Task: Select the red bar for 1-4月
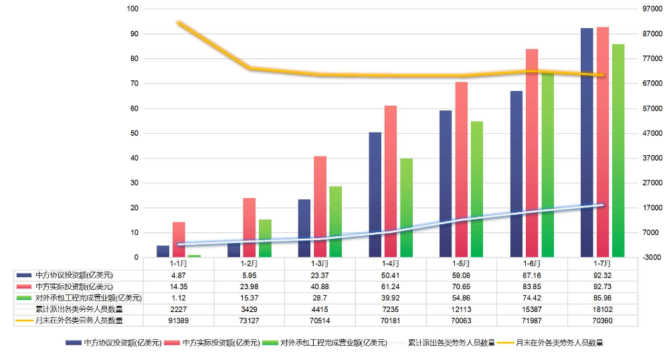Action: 390,181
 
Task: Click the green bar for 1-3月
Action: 335,221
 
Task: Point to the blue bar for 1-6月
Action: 516,174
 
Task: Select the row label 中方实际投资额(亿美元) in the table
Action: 74,286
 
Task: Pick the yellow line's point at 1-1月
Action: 179,23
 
